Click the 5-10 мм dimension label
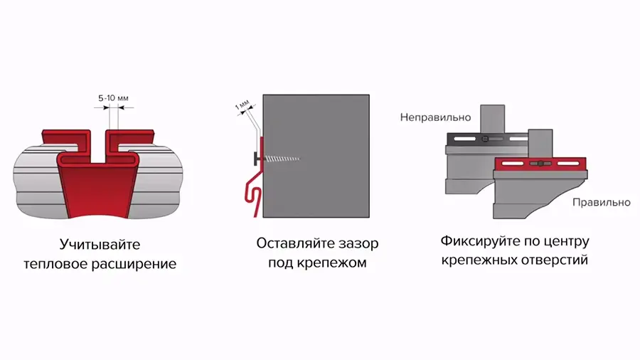[113, 98]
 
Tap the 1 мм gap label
[242, 105]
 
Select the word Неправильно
[435, 117]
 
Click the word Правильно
[601, 203]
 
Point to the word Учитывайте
[100, 245]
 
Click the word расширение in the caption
[134, 264]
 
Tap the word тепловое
[56, 264]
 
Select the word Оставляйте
[294, 243]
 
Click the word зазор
[356, 243]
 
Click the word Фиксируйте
[480, 241]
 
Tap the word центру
[567, 242]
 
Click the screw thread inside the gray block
[282, 159]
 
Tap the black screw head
[257, 159]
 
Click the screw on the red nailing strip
[540, 164]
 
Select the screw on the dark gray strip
[485, 139]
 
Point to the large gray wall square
[316, 156]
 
